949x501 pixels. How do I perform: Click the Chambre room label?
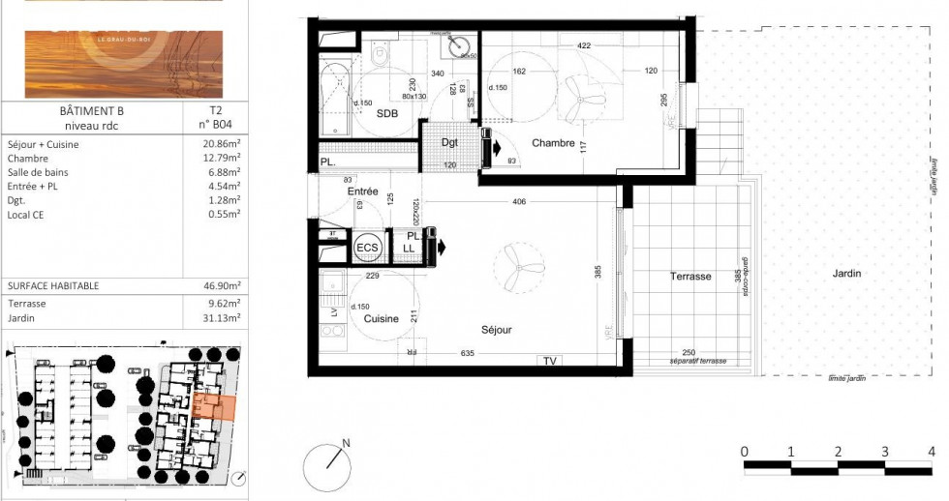[553, 143]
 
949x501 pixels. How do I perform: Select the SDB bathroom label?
[389, 113]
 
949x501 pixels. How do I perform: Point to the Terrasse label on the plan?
[690, 277]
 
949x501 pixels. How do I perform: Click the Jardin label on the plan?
[846, 274]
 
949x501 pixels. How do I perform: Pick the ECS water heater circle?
[368, 248]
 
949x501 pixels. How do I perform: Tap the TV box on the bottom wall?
[550, 362]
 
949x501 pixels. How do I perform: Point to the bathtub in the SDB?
[336, 100]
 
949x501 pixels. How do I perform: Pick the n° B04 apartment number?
[215, 124]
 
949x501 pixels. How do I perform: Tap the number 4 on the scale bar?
[932, 452]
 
